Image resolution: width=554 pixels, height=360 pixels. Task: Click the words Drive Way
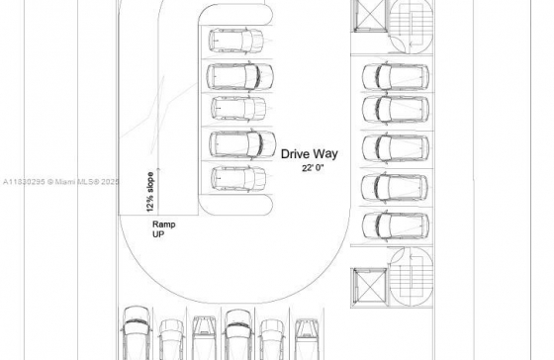tap(312, 153)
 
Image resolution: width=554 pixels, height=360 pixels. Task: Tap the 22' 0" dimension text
tap(315, 169)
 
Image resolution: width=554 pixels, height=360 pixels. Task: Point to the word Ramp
tap(164, 225)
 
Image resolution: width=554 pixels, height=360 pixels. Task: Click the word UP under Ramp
tap(158, 236)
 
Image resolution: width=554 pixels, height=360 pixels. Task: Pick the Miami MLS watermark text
tap(59, 182)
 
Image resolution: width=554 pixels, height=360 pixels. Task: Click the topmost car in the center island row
tap(235, 41)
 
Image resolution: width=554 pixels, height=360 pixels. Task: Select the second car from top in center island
tap(238, 75)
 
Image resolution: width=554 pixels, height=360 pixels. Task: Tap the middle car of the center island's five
tap(238, 108)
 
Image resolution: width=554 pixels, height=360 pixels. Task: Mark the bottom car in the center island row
tap(238, 178)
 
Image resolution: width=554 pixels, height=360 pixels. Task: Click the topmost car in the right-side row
tap(395, 75)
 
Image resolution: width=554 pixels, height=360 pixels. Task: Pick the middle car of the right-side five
tap(395, 147)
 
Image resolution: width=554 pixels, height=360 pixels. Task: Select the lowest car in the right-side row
tap(395, 225)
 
